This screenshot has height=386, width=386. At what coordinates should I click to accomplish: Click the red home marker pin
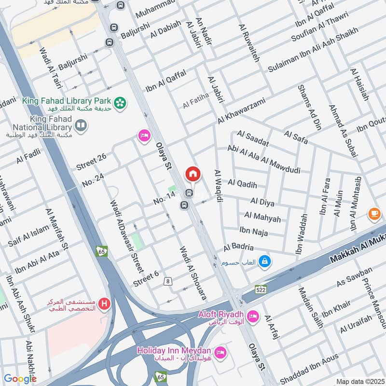click(x=193, y=174)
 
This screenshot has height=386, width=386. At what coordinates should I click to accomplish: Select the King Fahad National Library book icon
click(x=80, y=127)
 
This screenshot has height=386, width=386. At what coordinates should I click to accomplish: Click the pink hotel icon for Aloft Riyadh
click(x=253, y=317)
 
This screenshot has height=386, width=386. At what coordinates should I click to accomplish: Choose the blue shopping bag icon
click(x=265, y=262)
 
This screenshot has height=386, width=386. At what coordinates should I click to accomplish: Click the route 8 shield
click(x=168, y=281)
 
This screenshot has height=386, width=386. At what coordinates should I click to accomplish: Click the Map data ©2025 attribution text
click(x=359, y=381)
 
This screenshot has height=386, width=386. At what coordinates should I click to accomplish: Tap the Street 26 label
click(x=91, y=162)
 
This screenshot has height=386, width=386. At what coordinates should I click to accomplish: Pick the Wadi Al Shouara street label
click(x=193, y=273)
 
